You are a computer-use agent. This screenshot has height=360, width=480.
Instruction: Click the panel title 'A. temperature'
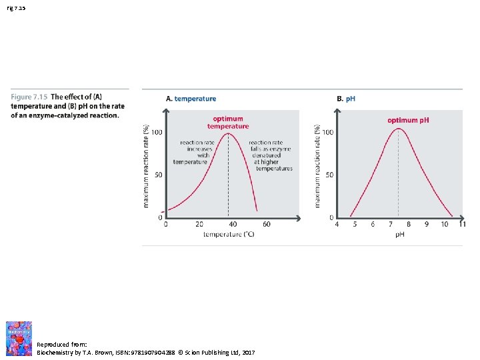191,99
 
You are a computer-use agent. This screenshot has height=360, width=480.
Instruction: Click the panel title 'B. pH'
346,99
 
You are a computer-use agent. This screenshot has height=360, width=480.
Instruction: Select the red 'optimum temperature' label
227,123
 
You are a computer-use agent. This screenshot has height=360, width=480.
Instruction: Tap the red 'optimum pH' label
408,120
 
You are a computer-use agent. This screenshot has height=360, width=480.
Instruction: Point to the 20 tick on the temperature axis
199,225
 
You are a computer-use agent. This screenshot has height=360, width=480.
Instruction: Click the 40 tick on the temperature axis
233,225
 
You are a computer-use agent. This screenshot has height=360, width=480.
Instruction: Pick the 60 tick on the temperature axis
266,225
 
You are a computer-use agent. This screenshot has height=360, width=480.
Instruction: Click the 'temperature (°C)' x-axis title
229,235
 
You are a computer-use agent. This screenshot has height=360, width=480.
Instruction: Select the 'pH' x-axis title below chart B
400,235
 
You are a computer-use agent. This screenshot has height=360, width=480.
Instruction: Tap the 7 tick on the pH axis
391,225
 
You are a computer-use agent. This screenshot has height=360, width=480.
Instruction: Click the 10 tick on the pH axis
444,225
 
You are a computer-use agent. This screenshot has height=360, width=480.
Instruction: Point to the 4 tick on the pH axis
337,225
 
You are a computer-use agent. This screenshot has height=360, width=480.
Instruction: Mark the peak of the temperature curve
229,133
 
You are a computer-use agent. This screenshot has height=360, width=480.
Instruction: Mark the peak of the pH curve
398,129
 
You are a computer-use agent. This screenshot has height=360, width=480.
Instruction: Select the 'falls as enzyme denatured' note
269,155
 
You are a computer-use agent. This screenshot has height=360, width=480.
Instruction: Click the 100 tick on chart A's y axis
156,133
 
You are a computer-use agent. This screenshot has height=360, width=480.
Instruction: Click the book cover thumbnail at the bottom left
19,338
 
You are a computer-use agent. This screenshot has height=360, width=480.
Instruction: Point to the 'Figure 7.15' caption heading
29,97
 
